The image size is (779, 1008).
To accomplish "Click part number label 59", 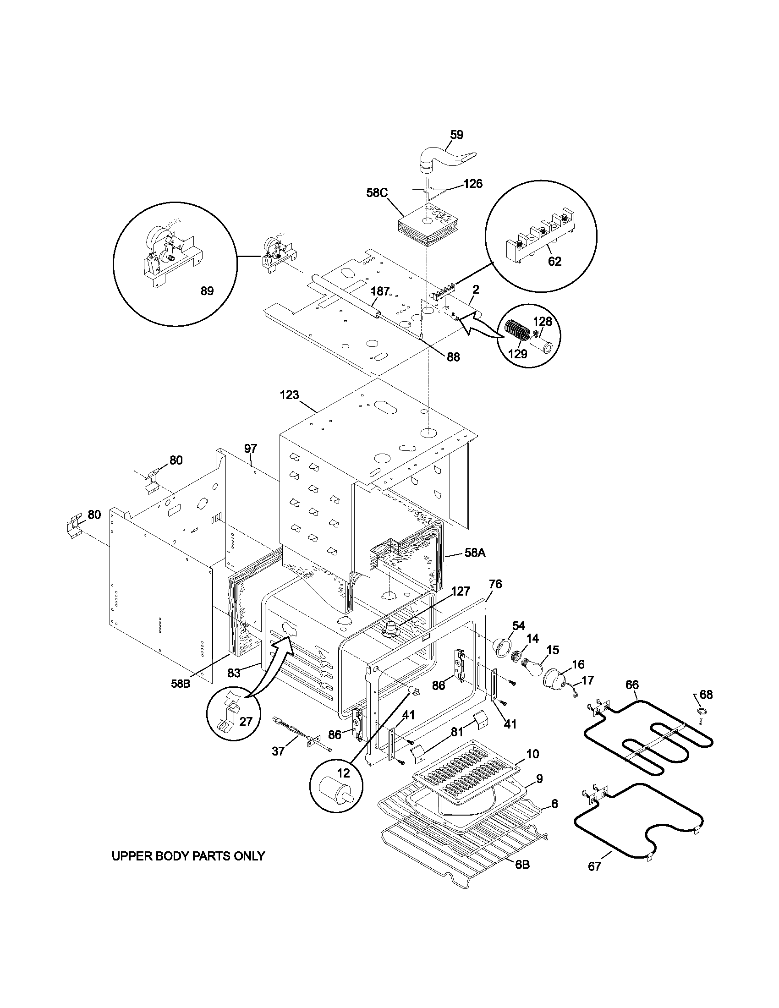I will coord(456,135).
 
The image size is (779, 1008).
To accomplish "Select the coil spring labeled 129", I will coord(513,330).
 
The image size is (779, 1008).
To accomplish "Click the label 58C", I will coord(377,192).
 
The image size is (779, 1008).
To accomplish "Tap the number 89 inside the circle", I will coord(207,291).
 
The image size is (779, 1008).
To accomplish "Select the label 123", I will coord(289,395).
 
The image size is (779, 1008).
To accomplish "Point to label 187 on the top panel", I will coord(380,291).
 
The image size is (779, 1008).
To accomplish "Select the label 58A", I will coord(475,553).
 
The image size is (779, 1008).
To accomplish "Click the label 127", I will coord(460,591).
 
